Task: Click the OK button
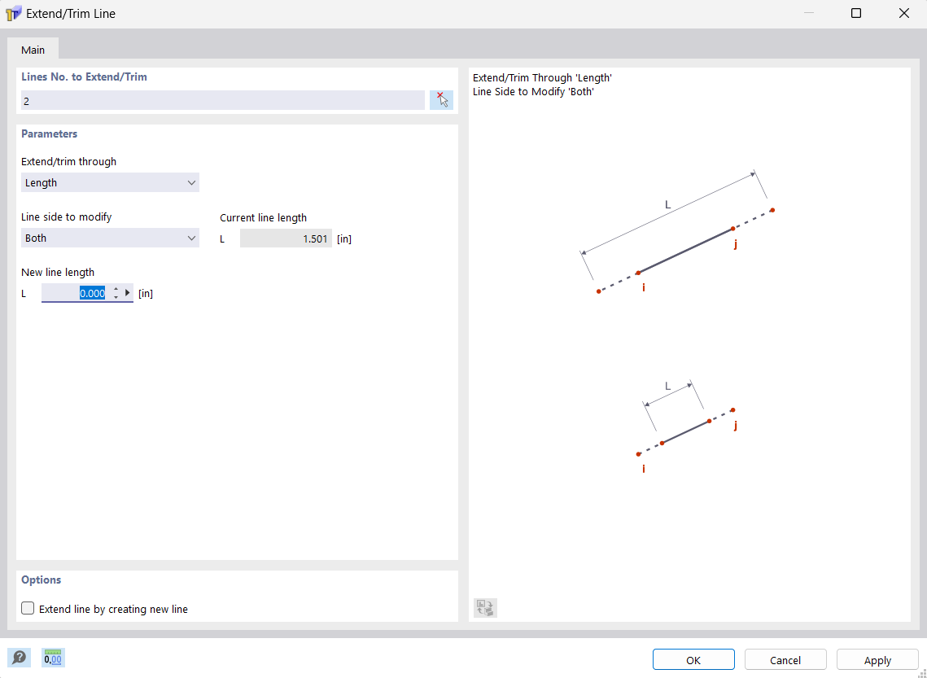pos(693,660)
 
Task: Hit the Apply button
pos(877,660)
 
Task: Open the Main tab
pos(33,50)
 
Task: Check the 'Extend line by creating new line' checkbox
pos(28,609)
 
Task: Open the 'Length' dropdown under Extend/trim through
pos(110,183)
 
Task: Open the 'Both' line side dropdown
pos(110,238)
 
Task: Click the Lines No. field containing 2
pos(222,101)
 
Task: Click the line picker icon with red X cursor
pos(441,100)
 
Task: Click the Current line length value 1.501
pos(286,238)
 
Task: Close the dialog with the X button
pos(903,13)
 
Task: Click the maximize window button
pos(856,13)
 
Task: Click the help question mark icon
pos(19,658)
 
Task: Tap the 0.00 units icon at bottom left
pos(54,658)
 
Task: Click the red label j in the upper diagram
pos(736,243)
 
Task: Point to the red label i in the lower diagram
pos(644,469)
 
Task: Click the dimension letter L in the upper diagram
pos(668,205)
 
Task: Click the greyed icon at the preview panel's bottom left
pos(485,608)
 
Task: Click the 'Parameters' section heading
pos(49,133)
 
